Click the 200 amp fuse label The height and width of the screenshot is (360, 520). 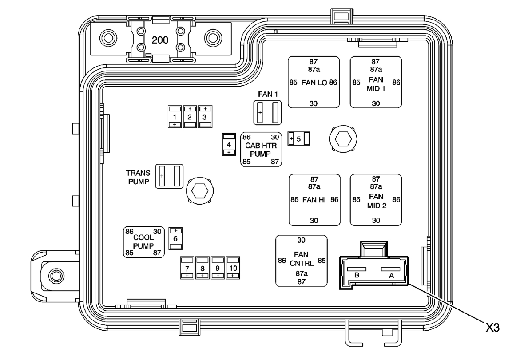(160, 40)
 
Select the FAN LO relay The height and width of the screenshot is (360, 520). (314, 82)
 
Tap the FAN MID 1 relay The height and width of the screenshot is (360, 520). (376, 82)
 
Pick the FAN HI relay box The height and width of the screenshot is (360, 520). (314, 200)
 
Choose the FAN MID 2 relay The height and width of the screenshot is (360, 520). (376, 200)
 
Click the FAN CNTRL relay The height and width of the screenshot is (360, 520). (302, 261)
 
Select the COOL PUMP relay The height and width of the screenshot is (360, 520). (143, 242)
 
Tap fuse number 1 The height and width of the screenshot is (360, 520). (175, 117)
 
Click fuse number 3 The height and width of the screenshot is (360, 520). (205, 117)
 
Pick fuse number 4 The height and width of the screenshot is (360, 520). (229, 145)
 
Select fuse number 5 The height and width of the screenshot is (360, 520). (298, 139)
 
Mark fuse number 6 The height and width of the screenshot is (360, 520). (176, 238)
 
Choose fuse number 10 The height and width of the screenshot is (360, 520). (233, 268)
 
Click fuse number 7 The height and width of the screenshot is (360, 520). (187, 268)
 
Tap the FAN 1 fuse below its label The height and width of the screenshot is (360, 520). (268, 113)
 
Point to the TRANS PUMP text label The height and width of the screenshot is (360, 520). (139, 177)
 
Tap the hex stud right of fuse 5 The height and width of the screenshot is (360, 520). (342, 139)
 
